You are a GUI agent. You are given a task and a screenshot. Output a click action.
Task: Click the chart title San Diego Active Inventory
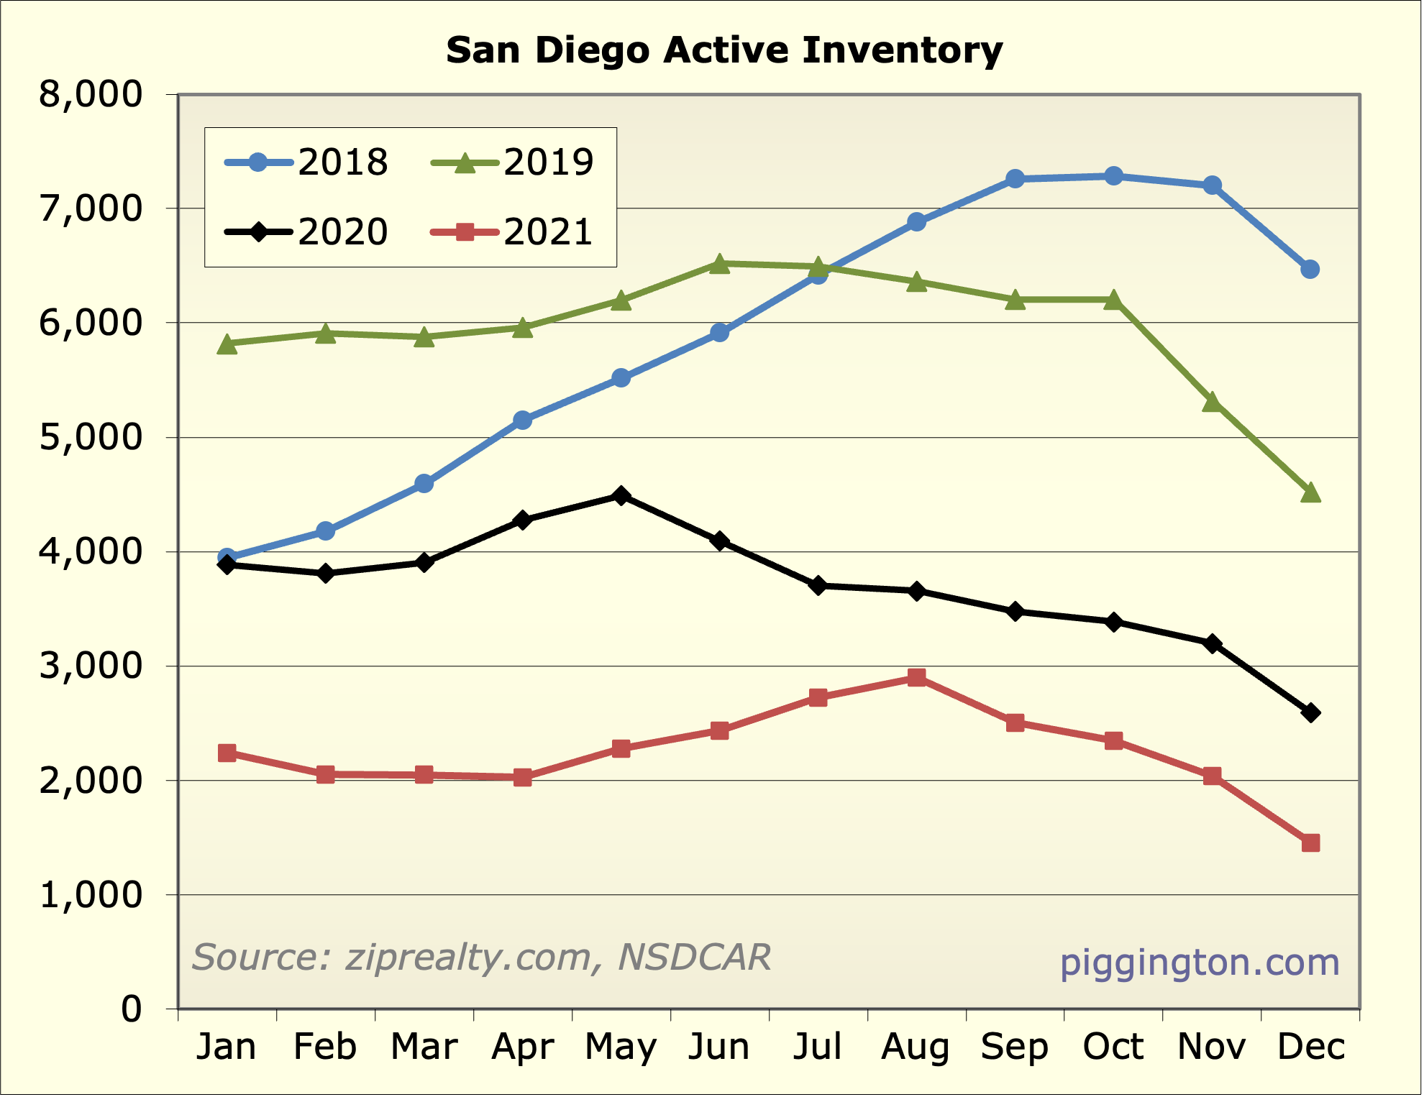click(724, 50)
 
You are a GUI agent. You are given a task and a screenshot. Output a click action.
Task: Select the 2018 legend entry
click(307, 162)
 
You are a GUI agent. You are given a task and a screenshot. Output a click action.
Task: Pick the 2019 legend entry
click(513, 162)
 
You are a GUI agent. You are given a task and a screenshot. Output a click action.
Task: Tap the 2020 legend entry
click(307, 231)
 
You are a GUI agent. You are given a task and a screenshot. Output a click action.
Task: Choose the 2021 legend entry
click(513, 231)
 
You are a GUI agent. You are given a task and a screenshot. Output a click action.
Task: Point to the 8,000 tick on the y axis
click(91, 94)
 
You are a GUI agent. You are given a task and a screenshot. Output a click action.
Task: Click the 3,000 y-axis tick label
click(91, 666)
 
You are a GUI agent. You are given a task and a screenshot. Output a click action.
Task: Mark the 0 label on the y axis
click(132, 1009)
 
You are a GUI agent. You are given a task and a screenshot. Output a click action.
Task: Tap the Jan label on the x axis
click(227, 1047)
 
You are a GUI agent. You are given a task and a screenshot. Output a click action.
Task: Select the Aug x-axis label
click(916, 1047)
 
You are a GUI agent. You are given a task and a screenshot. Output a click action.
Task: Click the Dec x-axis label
click(1310, 1047)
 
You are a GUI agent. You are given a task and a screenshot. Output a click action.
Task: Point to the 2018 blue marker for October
click(1113, 176)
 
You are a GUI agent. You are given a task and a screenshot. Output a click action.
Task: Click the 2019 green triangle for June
click(719, 264)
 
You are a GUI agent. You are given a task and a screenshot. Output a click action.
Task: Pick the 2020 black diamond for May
click(621, 496)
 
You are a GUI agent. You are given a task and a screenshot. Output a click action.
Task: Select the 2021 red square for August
click(916, 678)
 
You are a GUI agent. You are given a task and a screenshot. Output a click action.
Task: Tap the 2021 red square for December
click(1310, 843)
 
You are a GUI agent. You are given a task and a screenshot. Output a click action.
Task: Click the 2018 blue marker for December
click(1310, 270)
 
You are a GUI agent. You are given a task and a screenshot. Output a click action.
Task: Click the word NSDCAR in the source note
click(694, 958)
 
